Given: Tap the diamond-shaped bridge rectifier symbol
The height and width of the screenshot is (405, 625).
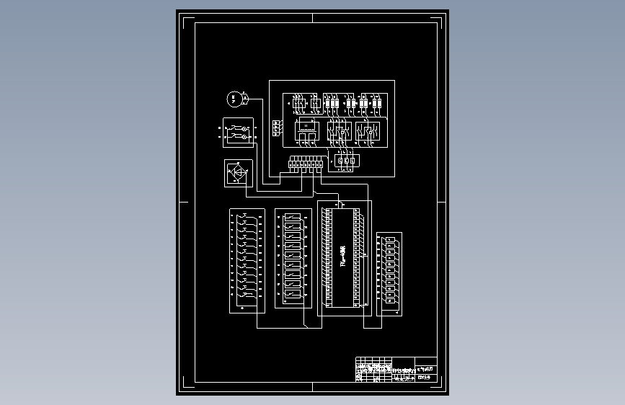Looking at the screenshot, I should tap(236, 173).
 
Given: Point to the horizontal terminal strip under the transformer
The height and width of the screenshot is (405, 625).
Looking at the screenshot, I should tap(306, 164).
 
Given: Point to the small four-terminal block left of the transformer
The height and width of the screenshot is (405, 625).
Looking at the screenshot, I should tap(277, 128).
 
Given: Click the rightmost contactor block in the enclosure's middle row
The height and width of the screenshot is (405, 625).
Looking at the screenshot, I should tap(369, 132).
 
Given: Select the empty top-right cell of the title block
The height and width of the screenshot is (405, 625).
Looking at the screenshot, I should tap(426, 362).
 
